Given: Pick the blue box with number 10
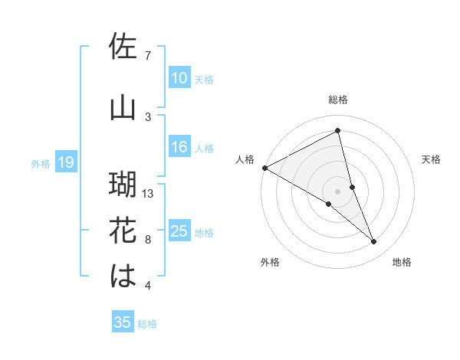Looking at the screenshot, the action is (x=179, y=78).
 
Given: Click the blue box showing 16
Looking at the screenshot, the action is (x=179, y=148).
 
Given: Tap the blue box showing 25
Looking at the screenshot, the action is (x=179, y=231).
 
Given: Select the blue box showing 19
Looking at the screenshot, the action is (x=65, y=162).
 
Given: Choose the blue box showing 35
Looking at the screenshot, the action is (x=123, y=322).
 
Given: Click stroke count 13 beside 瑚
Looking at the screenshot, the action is (x=148, y=194).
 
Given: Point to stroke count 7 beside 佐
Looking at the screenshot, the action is (x=147, y=56).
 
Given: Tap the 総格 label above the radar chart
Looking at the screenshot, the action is (x=337, y=100).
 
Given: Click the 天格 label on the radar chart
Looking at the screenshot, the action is (x=431, y=159).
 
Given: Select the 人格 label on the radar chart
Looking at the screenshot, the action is (x=245, y=159).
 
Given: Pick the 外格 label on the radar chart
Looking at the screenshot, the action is (x=270, y=262).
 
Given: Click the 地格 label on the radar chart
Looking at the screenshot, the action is (x=402, y=262).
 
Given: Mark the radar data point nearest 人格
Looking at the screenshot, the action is (x=264, y=167).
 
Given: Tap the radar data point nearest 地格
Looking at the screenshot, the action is (x=374, y=242).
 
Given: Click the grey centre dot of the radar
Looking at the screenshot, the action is (x=337, y=190).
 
